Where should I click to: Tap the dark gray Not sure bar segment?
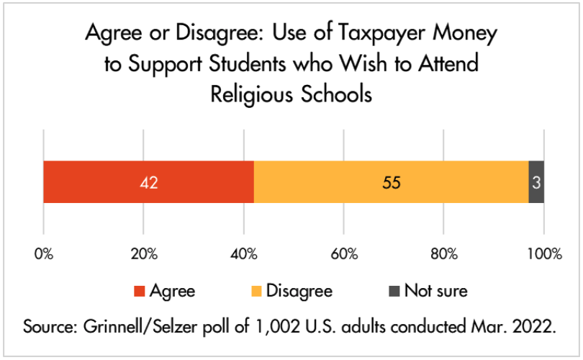[536, 182]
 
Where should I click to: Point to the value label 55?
[391, 183]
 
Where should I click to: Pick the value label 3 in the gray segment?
[536, 183]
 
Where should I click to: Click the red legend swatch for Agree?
[139, 292]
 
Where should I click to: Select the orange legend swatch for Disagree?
[257, 292]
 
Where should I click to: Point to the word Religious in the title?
[250, 94]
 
